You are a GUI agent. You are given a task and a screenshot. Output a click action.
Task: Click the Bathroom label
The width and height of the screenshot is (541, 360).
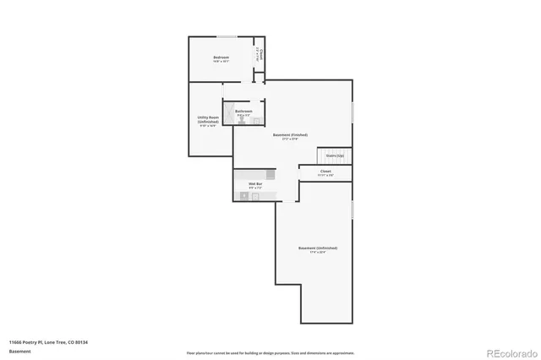(243, 111)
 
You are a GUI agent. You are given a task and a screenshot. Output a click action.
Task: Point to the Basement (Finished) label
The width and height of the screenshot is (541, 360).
(289, 134)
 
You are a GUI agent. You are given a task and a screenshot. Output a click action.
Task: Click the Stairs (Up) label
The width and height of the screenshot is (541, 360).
(334, 155)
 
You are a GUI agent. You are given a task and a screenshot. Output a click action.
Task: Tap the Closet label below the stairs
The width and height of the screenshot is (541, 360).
(325, 172)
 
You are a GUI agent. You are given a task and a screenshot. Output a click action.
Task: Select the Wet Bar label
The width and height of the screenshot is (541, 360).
(254, 183)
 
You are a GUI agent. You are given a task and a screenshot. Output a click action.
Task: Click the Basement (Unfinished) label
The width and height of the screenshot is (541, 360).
(318, 248)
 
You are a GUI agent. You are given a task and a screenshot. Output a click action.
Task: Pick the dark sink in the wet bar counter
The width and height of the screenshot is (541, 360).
(245, 196)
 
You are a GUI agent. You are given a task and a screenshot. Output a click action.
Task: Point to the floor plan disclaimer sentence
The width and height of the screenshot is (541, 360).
(270, 352)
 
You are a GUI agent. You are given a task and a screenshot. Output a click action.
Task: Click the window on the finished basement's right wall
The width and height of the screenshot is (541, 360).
(352, 112)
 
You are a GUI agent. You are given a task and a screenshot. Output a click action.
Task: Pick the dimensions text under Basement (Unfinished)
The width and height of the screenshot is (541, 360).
(318, 253)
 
